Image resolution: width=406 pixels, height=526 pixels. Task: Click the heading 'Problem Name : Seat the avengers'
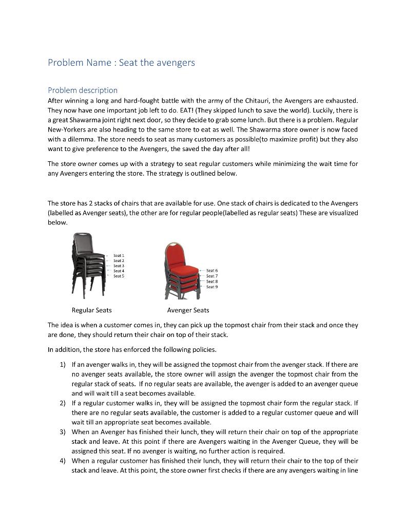pyautogui.click(x=121, y=63)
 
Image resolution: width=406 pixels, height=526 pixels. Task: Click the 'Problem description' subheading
pyautogui.click(x=83, y=90)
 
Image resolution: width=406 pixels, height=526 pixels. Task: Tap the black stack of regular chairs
pyautogui.click(x=87, y=263)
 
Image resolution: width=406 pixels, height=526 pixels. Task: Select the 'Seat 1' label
pyautogui.click(x=119, y=255)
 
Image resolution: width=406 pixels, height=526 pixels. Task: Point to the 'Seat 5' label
pyautogui.click(x=119, y=276)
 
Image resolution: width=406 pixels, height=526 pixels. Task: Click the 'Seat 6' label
pyautogui.click(x=212, y=270)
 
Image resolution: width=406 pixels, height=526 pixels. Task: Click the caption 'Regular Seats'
pyautogui.click(x=91, y=310)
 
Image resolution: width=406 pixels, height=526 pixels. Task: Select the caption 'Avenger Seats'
pyautogui.click(x=188, y=310)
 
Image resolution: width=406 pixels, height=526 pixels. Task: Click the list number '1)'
pyautogui.click(x=63, y=365)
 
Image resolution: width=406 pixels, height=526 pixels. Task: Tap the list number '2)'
pyautogui.click(x=63, y=403)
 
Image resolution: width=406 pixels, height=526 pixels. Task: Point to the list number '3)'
pyautogui.click(x=63, y=432)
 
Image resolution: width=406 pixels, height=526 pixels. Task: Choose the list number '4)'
pyautogui.click(x=63, y=461)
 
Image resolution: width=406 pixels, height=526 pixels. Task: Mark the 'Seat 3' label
pyautogui.click(x=119, y=266)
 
